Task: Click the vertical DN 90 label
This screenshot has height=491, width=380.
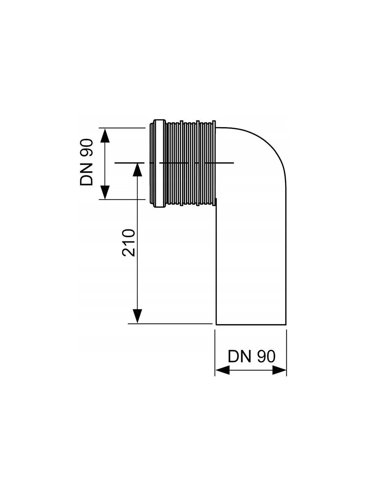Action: click(86, 163)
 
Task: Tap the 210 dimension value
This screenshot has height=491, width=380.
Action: click(129, 243)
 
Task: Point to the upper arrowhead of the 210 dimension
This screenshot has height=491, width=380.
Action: click(137, 170)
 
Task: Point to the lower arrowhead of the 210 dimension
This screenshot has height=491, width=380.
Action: click(137, 317)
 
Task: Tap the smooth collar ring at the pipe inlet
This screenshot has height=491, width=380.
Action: click(159, 163)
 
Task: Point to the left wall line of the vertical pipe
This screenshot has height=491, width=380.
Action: click(216, 262)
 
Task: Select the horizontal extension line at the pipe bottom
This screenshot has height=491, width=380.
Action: click(170, 324)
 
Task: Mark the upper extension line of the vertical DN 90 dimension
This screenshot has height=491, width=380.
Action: click(122, 128)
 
